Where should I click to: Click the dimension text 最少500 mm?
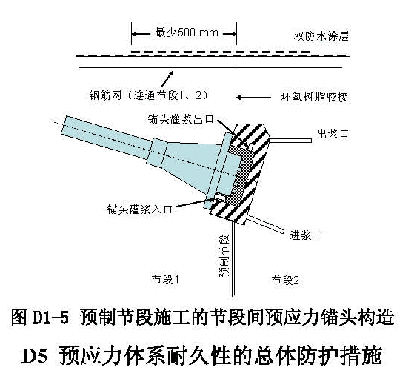(187, 33)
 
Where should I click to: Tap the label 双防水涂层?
(321, 36)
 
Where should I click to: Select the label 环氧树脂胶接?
(314, 97)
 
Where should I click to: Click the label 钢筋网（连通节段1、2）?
(149, 95)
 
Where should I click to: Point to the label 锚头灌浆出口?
(181, 119)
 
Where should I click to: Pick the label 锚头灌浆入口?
(140, 209)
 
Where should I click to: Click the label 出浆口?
(333, 134)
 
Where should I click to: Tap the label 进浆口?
(307, 235)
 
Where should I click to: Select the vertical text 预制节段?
(224, 255)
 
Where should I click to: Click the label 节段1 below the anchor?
(166, 280)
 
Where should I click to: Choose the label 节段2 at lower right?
(285, 281)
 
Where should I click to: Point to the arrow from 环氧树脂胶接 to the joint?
(254, 98)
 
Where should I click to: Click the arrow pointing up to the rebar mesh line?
(167, 78)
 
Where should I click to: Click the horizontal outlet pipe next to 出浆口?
(290, 141)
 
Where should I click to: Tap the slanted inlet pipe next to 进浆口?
(265, 224)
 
